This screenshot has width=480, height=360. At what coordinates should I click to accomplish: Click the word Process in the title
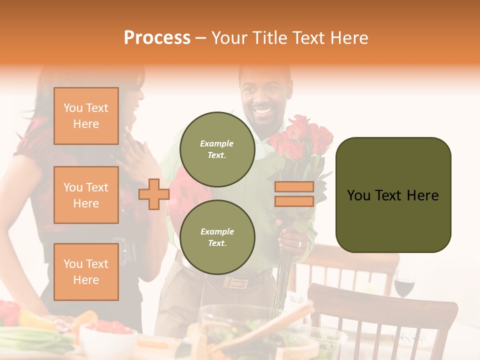click(157, 37)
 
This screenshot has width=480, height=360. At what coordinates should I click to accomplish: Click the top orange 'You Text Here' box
click(86, 116)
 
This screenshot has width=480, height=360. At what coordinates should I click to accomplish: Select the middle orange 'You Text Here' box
click(86, 195)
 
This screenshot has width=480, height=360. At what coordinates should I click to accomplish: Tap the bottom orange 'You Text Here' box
click(86, 271)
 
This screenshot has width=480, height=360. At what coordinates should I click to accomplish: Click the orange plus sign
click(153, 194)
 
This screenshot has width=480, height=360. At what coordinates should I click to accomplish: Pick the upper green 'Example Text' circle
click(217, 149)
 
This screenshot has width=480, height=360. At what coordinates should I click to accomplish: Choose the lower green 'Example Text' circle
click(217, 237)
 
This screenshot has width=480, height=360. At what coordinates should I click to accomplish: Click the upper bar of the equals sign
click(294, 187)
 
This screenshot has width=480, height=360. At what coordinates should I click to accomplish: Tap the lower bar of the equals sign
click(294, 201)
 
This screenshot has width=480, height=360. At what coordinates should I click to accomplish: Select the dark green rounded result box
click(393, 195)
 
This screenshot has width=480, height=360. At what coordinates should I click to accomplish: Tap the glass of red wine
click(404, 285)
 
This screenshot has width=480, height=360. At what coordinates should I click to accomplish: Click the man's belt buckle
click(236, 282)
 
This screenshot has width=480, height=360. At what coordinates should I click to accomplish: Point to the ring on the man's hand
click(299, 244)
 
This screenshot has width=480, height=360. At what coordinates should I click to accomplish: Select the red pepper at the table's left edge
click(9, 312)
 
